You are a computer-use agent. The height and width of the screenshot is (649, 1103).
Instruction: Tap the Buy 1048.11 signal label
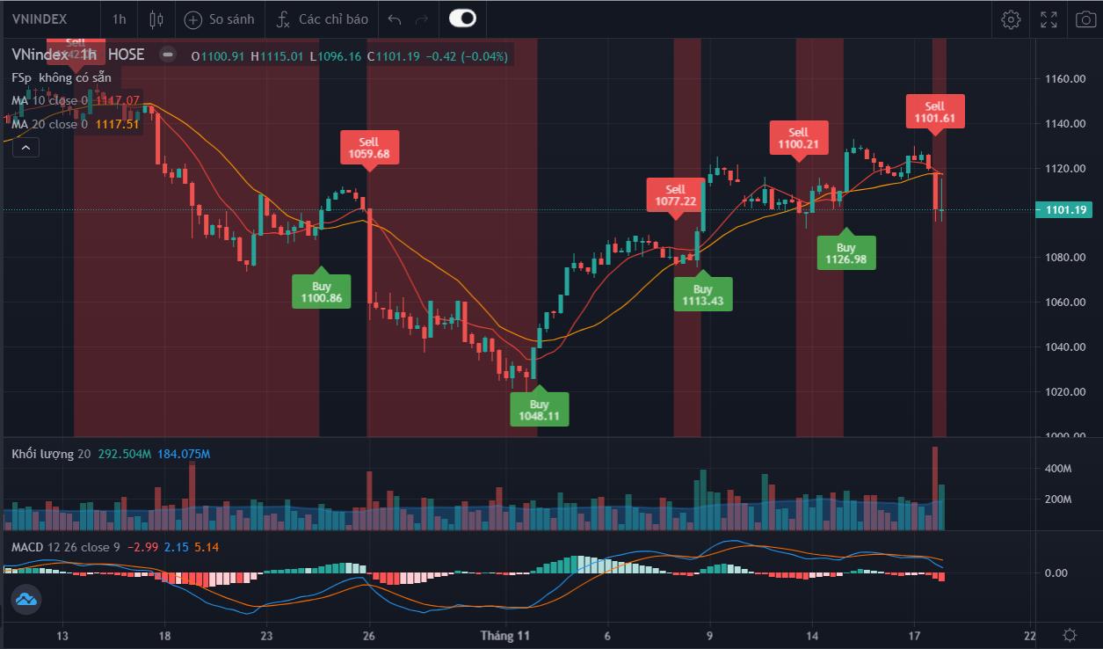tap(539, 411)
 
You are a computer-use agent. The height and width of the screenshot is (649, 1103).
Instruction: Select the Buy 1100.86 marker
tap(321, 292)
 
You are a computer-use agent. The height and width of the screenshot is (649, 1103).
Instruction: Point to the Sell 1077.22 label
tap(675, 195)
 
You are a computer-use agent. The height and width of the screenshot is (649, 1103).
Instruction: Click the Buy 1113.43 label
tap(702, 295)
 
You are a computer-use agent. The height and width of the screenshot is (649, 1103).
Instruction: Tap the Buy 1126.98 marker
tap(845, 253)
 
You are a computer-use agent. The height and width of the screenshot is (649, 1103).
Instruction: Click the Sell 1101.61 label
tap(935, 112)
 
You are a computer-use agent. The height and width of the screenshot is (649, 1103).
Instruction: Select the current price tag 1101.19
tap(1066, 209)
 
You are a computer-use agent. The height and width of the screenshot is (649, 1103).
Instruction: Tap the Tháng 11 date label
tap(504, 635)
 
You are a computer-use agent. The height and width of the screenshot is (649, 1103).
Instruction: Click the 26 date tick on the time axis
tap(369, 635)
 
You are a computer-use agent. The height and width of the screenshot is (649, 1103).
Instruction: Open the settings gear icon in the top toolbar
tap(1011, 18)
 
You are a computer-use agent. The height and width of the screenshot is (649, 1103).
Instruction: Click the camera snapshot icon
tap(1085, 18)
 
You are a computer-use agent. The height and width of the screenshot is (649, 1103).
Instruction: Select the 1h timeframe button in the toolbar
tap(120, 18)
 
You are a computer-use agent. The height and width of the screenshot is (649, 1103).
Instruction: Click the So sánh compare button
tap(220, 18)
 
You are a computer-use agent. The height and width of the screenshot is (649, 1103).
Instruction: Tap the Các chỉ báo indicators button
tap(322, 18)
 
